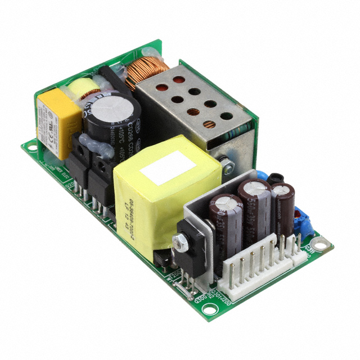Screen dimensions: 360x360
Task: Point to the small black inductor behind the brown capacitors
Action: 275,179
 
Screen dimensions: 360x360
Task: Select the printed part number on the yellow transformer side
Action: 127,211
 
